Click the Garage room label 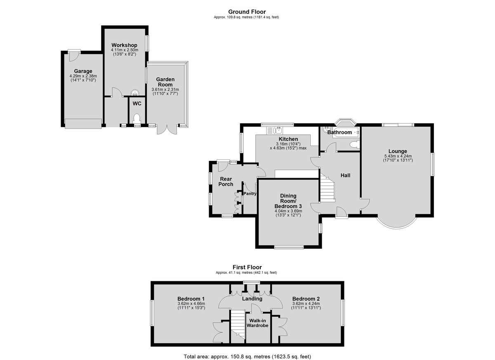(x=83, y=71)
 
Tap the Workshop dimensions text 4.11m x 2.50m (x=125, y=50)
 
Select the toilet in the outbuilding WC (x=137, y=118)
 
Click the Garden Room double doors (x=167, y=129)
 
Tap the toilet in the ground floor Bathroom (x=355, y=145)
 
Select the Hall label (x=345, y=175)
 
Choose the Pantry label (x=250, y=194)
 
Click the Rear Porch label (x=226, y=181)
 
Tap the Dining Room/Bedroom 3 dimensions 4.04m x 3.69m (x=288, y=211)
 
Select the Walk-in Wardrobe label (x=257, y=323)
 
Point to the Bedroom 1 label (x=191, y=299)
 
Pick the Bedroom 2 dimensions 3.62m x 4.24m (x=306, y=304)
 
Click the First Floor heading (x=247, y=267)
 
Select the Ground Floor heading (x=247, y=12)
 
